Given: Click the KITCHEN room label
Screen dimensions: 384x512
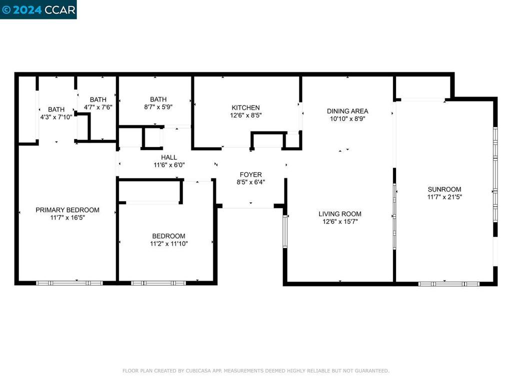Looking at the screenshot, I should [x=245, y=107].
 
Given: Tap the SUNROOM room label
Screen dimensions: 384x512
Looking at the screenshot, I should [x=444, y=189].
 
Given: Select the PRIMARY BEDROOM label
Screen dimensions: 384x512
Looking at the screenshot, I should [x=67, y=210].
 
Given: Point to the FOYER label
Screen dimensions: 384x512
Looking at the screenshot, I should [x=250, y=174].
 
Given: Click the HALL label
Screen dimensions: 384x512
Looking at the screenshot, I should [x=168, y=157].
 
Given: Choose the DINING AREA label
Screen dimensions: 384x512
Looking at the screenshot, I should [x=347, y=111].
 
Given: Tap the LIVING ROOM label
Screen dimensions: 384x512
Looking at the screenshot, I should [x=340, y=213].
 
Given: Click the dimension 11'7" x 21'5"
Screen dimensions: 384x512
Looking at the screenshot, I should [x=444, y=197].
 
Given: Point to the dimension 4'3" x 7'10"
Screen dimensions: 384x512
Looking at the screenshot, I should [x=56, y=117].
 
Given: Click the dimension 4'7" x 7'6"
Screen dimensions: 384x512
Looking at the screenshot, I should [x=98, y=107].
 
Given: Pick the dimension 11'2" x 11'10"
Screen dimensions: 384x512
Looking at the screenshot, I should [x=168, y=244].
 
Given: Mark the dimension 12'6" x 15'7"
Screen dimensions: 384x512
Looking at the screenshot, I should [x=340, y=221].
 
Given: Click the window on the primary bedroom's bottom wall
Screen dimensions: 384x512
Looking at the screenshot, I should [x=69, y=283].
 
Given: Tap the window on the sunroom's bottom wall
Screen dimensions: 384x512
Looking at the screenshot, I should [x=448, y=283].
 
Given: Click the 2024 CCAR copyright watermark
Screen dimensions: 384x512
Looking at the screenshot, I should [x=38, y=9].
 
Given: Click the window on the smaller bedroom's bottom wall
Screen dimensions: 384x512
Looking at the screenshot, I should [x=158, y=283].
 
